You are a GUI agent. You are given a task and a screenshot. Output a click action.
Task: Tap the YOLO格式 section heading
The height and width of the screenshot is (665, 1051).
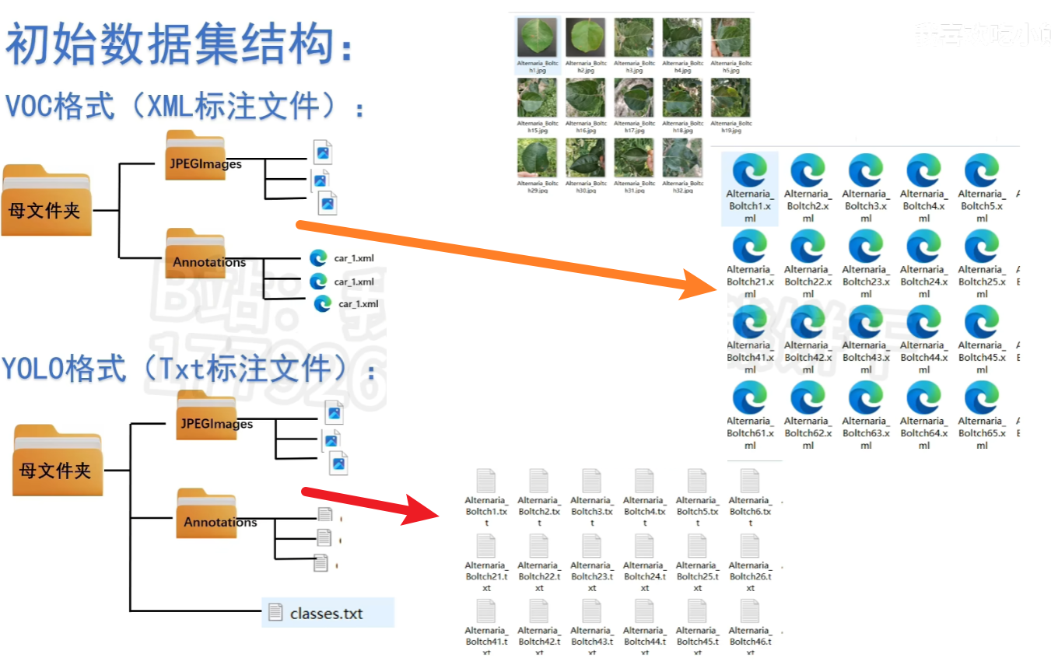[187, 367]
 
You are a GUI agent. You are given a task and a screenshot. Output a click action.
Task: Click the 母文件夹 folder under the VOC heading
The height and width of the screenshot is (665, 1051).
[46, 201]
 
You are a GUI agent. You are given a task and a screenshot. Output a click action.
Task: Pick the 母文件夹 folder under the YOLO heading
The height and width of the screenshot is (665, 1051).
[57, 460]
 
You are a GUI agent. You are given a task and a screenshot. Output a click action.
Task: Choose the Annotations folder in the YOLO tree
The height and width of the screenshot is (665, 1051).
[206, 514]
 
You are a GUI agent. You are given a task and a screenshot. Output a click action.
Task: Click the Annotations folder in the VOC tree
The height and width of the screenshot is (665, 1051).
[195, 254]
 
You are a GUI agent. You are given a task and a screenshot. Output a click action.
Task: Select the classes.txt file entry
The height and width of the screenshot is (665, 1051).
[327, 613]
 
